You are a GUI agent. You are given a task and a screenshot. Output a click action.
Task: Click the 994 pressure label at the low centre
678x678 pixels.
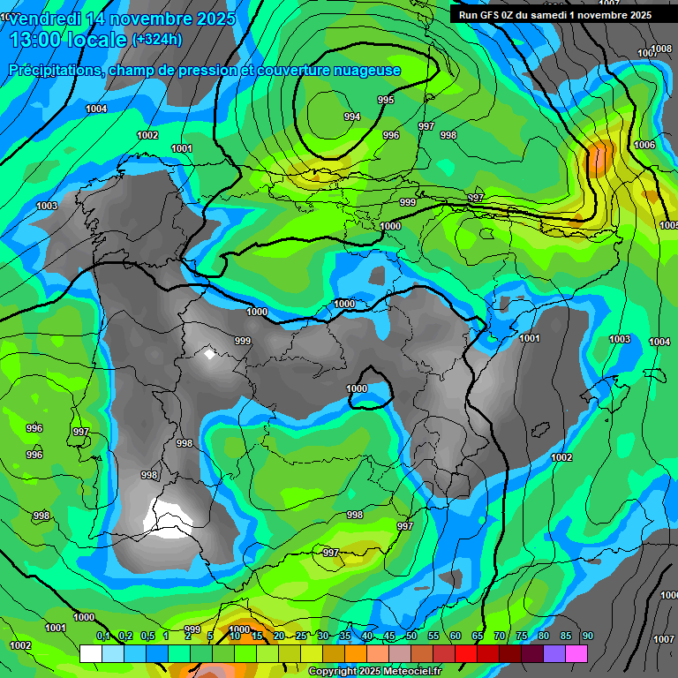pyautogui.click(x=351, y=117)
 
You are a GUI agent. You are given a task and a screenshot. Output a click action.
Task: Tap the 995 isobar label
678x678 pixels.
pyautogui.click(x=386, y=100)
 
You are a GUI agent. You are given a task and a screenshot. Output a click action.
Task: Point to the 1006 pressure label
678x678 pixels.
pyautogui.click(x=644, y=145)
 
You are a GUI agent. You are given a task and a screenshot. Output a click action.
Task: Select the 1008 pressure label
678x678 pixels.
pyautogui.click(x=660, y=49)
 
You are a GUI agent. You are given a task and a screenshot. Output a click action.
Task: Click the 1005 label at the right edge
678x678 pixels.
pyautogui.click(x=670, y=225)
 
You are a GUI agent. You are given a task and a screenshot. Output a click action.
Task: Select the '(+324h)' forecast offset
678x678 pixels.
pyautogui.click(x=157, y=40)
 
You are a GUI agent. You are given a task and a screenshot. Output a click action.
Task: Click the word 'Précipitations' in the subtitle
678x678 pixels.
pyautogui.click(x=52, y=71)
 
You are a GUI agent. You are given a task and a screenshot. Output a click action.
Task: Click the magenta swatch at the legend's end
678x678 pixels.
pyautogui.click(x=576, y=653)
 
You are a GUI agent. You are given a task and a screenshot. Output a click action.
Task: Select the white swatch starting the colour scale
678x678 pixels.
pyautogui.click(x=90, y=653)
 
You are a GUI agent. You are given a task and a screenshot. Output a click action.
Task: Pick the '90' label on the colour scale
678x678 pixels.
pyautogui.click(x=588, y=637)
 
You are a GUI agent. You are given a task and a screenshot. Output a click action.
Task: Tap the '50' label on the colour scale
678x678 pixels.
pyautogui.click(x=411, y=637)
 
